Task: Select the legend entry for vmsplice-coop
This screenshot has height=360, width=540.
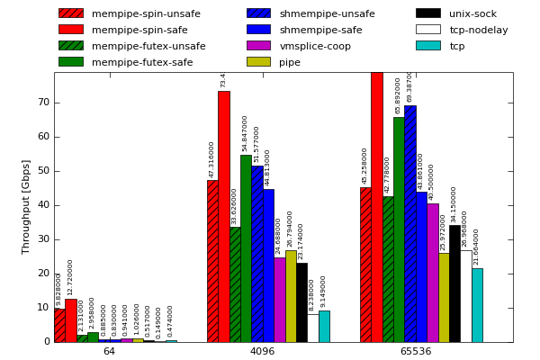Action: (x=315, y=46)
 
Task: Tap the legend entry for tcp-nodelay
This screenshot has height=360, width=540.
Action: (x=478, y=30)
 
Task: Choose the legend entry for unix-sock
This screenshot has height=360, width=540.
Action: (x=472, y=13)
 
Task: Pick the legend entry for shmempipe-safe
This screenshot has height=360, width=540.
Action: (x=321, y=30)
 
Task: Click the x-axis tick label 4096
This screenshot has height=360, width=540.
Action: (x=262, y=351)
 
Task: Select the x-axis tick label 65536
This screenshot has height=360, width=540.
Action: (x=415, y=351)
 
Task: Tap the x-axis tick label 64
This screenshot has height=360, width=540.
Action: (x=109, y=351)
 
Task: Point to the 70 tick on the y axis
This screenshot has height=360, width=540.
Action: (x=43, y=103)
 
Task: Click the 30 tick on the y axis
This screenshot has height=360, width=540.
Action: (x=43, y=239)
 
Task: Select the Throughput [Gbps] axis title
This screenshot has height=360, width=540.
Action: (x=27, y=206)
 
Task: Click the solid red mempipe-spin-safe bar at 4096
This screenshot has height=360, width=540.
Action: (x=223, y=216)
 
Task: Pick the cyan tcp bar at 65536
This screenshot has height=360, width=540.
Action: (x=477, y=305)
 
